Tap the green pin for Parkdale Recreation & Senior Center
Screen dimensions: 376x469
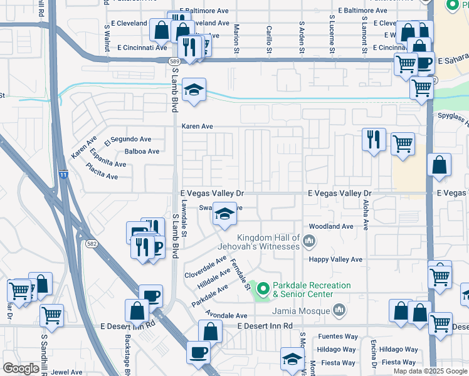click(263, 290)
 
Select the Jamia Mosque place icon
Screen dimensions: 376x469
click(339, 310)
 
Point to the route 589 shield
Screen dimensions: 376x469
click(175, 61)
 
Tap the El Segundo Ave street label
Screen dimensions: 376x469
click(132, 139)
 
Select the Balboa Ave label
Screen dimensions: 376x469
click(142, 152)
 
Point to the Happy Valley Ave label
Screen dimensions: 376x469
click(335, 259)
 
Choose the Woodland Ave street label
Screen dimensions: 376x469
click(331, 226)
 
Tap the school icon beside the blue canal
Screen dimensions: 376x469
click(194, 90)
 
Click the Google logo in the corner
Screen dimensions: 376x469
click(21, 369)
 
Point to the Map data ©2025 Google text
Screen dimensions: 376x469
click(430, 371)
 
